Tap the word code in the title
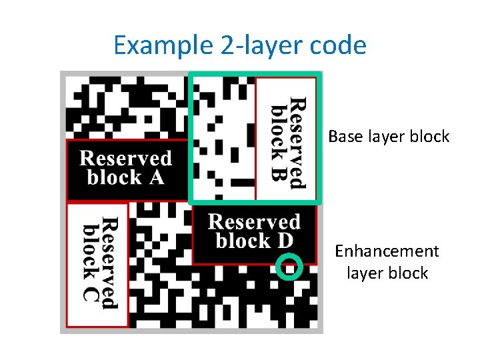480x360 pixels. tap(339, 46)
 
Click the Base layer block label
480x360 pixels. tap(389, 137)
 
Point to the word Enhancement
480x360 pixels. tap(387, 251)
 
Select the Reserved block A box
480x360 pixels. tap(127, 169)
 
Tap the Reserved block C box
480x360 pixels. tap(97, 265)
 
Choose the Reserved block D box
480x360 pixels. tap(253, 233)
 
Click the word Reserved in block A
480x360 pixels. tap(126, 159)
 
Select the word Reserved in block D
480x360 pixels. tap(253, 222)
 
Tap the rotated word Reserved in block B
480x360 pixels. tap(297, 142)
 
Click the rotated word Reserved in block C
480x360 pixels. tap(109, 263)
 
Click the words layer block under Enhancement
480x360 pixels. tap(387, 273)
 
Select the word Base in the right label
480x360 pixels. tap(343, 137)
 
